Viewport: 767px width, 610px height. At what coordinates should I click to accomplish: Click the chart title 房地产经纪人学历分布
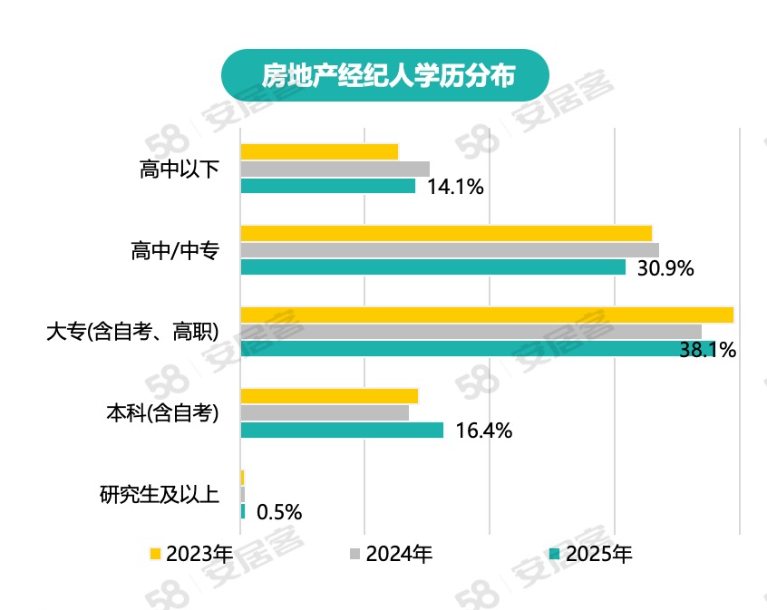pyautogui.click(x=387, y=75)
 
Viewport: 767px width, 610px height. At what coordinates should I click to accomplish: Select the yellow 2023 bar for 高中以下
pyautogui.click(x=319, y=151)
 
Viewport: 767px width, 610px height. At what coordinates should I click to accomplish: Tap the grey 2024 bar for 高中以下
pyautogui.click(x=335, y=169)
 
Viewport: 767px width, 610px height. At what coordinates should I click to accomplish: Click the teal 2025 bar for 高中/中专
pyautogui.click(x=432, y=267)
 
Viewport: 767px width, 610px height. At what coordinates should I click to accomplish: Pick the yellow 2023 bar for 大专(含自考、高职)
pyautogui.click(x=486, y=315)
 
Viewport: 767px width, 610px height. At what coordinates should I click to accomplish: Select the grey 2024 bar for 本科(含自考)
pyautogui.click(x=325, y=412)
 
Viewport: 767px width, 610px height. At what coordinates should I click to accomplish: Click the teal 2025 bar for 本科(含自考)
pyautogui.click(x=342, y=430)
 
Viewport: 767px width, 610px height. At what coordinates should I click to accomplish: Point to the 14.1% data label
pyautogui.click(x=455, y=188)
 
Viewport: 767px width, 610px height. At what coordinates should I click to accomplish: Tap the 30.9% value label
pyautogui.click(x=665, y=268)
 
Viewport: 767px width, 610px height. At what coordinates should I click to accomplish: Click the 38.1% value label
pyautogui.click(x=707, y=350)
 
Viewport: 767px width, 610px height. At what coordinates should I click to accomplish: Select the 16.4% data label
pyautogui.click(x=484, y=431)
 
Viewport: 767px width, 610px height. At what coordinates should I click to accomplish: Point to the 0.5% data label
pyautogui.click(x=279, y=512)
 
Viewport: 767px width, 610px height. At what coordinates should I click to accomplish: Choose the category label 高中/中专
pyautogui.click(x=175, y=251)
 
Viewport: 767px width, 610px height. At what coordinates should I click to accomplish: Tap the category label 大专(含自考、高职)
pyautogui.click(x=132, y=332)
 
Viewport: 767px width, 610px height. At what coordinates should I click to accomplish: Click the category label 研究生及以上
pyautogui.click(x=159, y=495)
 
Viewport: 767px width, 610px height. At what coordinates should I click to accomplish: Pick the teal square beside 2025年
pyautogui.click(x=555, y=554)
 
